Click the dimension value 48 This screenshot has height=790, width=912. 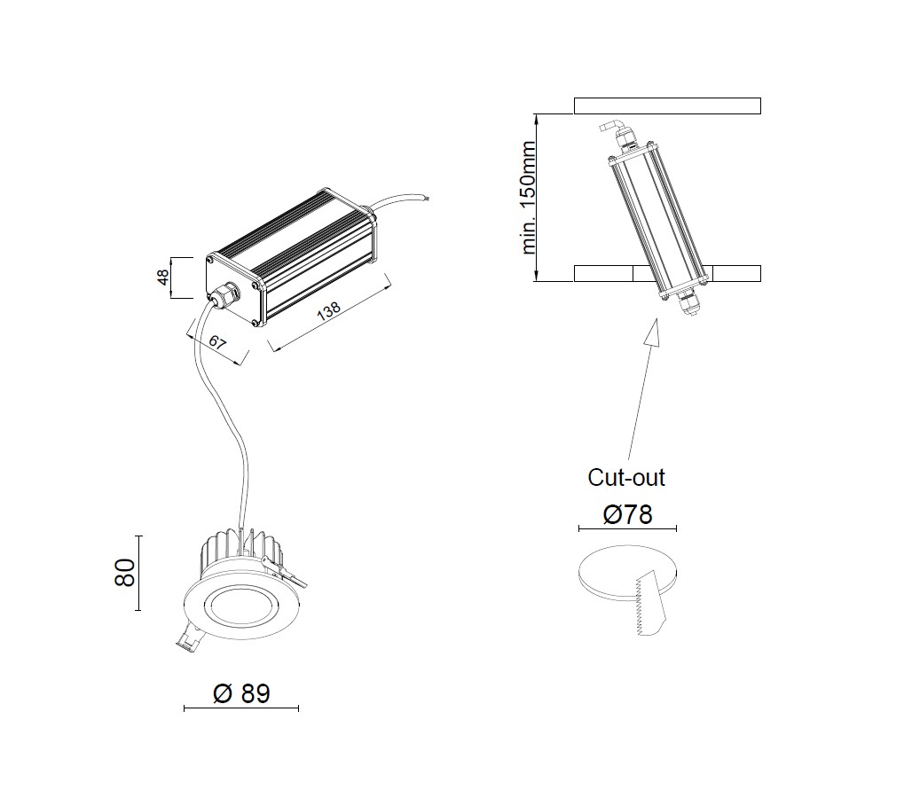163,278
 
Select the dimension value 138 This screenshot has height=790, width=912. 329,310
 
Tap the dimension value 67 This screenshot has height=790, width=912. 217,342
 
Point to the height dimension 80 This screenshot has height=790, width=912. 126,573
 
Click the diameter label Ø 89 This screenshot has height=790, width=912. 241,693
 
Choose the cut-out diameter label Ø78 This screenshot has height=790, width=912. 627,514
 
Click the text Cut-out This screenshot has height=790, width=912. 626,478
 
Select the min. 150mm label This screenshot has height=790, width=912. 528,198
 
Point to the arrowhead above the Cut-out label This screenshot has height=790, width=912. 653,332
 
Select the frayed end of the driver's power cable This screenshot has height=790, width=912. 428,200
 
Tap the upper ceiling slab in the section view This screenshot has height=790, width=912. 667,106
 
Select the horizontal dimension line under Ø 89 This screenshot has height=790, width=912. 240,708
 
